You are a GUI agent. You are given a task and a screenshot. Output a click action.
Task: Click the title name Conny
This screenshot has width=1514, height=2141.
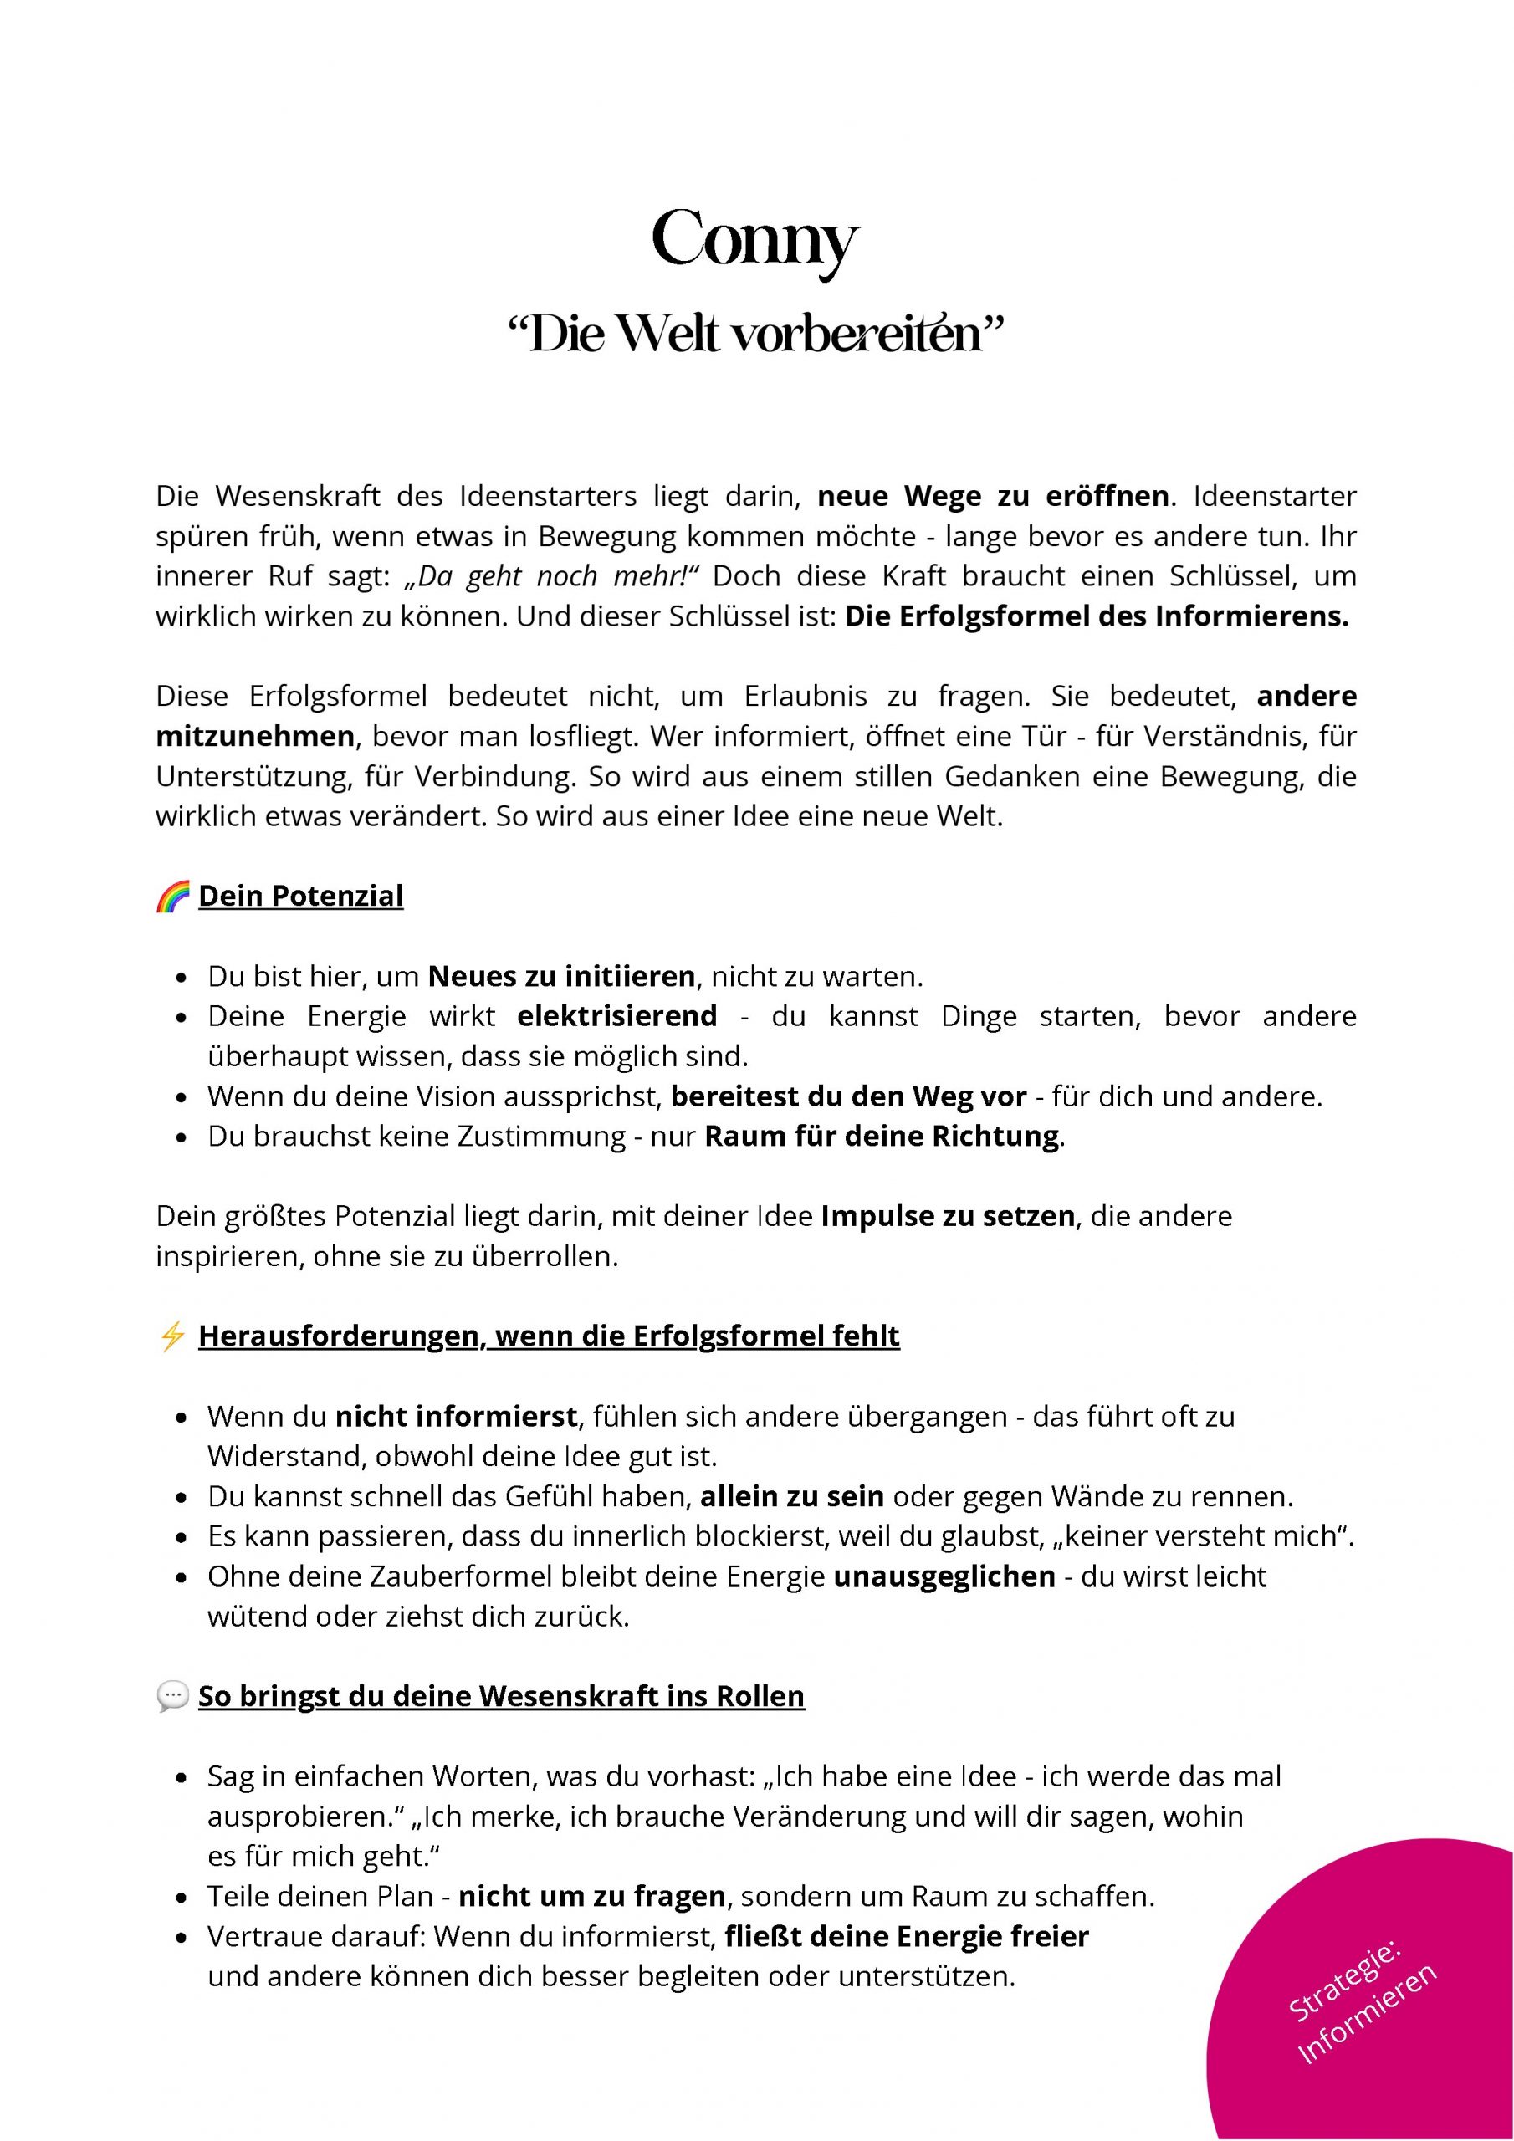point(754,241)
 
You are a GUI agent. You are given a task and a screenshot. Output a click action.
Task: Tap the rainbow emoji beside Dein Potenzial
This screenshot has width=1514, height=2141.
point(172,896)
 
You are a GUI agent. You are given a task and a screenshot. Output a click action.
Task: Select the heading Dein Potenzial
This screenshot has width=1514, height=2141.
point(300,896)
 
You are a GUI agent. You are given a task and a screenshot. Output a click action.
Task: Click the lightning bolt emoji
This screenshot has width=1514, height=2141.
point(172,1336)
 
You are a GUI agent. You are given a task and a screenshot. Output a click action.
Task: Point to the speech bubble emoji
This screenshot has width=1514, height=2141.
point(172,1696)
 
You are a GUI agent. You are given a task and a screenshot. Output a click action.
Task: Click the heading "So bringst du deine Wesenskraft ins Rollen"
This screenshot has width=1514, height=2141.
point(501,1696)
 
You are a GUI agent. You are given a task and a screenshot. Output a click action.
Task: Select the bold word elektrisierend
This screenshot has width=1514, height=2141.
point(616,1015)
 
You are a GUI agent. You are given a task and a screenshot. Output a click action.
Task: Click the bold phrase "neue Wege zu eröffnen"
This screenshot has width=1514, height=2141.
point(993,496)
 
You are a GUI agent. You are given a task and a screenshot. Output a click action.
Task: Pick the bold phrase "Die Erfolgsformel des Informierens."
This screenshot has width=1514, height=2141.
point(1096,617)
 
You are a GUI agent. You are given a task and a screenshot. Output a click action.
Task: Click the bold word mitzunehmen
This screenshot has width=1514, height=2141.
point(254,737)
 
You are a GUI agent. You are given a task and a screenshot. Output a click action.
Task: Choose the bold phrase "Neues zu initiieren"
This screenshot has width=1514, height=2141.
point(561,976)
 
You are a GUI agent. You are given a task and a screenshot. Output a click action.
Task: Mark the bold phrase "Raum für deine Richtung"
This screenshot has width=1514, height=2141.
point(882,1137)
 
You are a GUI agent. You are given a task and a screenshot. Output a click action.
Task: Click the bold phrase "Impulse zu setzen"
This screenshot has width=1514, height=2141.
point(948,1217)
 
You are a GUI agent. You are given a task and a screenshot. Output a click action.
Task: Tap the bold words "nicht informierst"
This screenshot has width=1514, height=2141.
point(456,1417)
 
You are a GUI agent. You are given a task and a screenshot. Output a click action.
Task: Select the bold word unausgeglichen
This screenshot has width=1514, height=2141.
point(944,1576)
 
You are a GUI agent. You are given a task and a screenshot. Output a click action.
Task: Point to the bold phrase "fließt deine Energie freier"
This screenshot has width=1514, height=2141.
point(907,1937)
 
